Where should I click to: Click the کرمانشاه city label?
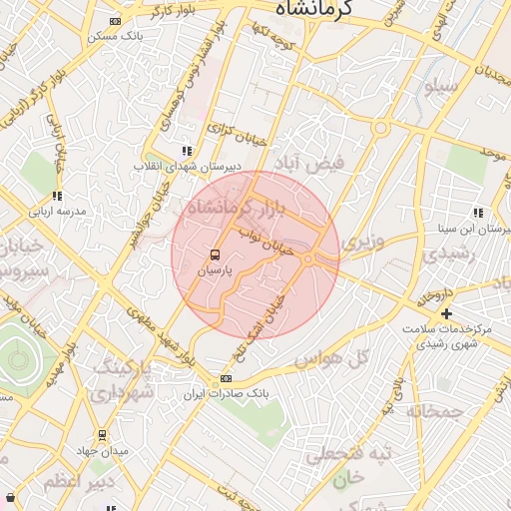[318, 9]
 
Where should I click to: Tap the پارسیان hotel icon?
[214, 255]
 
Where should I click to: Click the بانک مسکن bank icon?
[116, 21]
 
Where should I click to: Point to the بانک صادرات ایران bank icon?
[226, 378]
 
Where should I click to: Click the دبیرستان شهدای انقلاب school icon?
[187, 151]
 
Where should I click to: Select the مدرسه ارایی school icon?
[57, 197]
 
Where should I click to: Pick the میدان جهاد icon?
[102, 435]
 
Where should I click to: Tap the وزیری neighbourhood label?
[361, 243]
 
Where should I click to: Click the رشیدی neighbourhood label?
[444, 254]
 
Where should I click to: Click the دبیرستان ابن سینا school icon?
[479, 212]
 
